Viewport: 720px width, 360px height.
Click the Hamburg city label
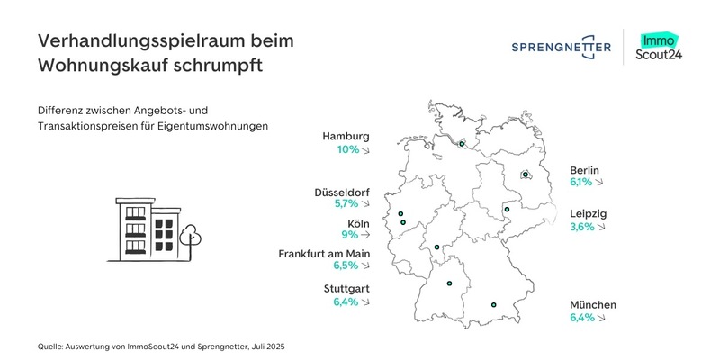[346, 137]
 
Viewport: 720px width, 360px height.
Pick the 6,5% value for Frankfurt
[346, 266]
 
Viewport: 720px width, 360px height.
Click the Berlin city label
[584, 169]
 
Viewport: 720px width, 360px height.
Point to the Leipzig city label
[589, 213]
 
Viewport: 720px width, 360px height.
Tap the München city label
[593, 305]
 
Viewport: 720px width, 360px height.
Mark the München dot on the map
[493, 306]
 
